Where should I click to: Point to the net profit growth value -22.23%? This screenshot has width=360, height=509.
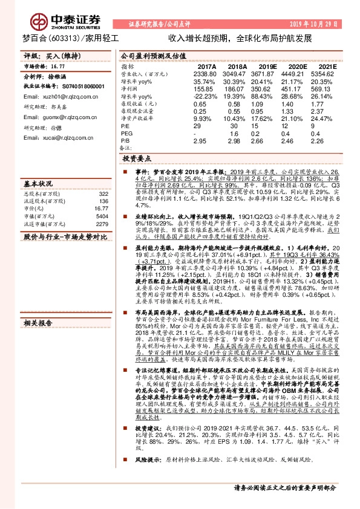204,96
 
